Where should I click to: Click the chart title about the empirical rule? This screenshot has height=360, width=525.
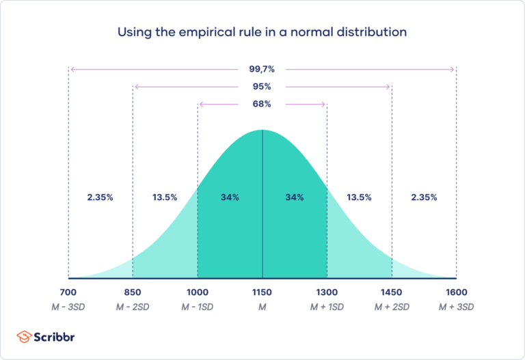(262, 32)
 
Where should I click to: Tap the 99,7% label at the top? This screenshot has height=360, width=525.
(262, 69)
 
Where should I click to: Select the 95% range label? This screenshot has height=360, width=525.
(262, 87)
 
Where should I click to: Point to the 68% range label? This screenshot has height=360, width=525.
(262, 104)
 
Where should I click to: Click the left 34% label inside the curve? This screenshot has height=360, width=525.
(230, 197)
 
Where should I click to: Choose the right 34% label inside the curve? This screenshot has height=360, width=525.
(295, 197)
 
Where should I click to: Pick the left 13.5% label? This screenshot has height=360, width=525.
(164, 197)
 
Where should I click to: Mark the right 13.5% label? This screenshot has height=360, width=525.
(359, 197)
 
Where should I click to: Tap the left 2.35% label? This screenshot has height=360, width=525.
(100, 197)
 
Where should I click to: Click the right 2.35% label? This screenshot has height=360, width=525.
(424, 197)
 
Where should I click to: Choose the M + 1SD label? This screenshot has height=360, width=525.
(327, 307)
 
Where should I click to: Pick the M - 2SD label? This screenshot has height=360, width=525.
(133, 307)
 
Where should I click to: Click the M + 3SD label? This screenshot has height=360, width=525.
(456, 307)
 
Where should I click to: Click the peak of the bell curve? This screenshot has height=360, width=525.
(262, 130)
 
